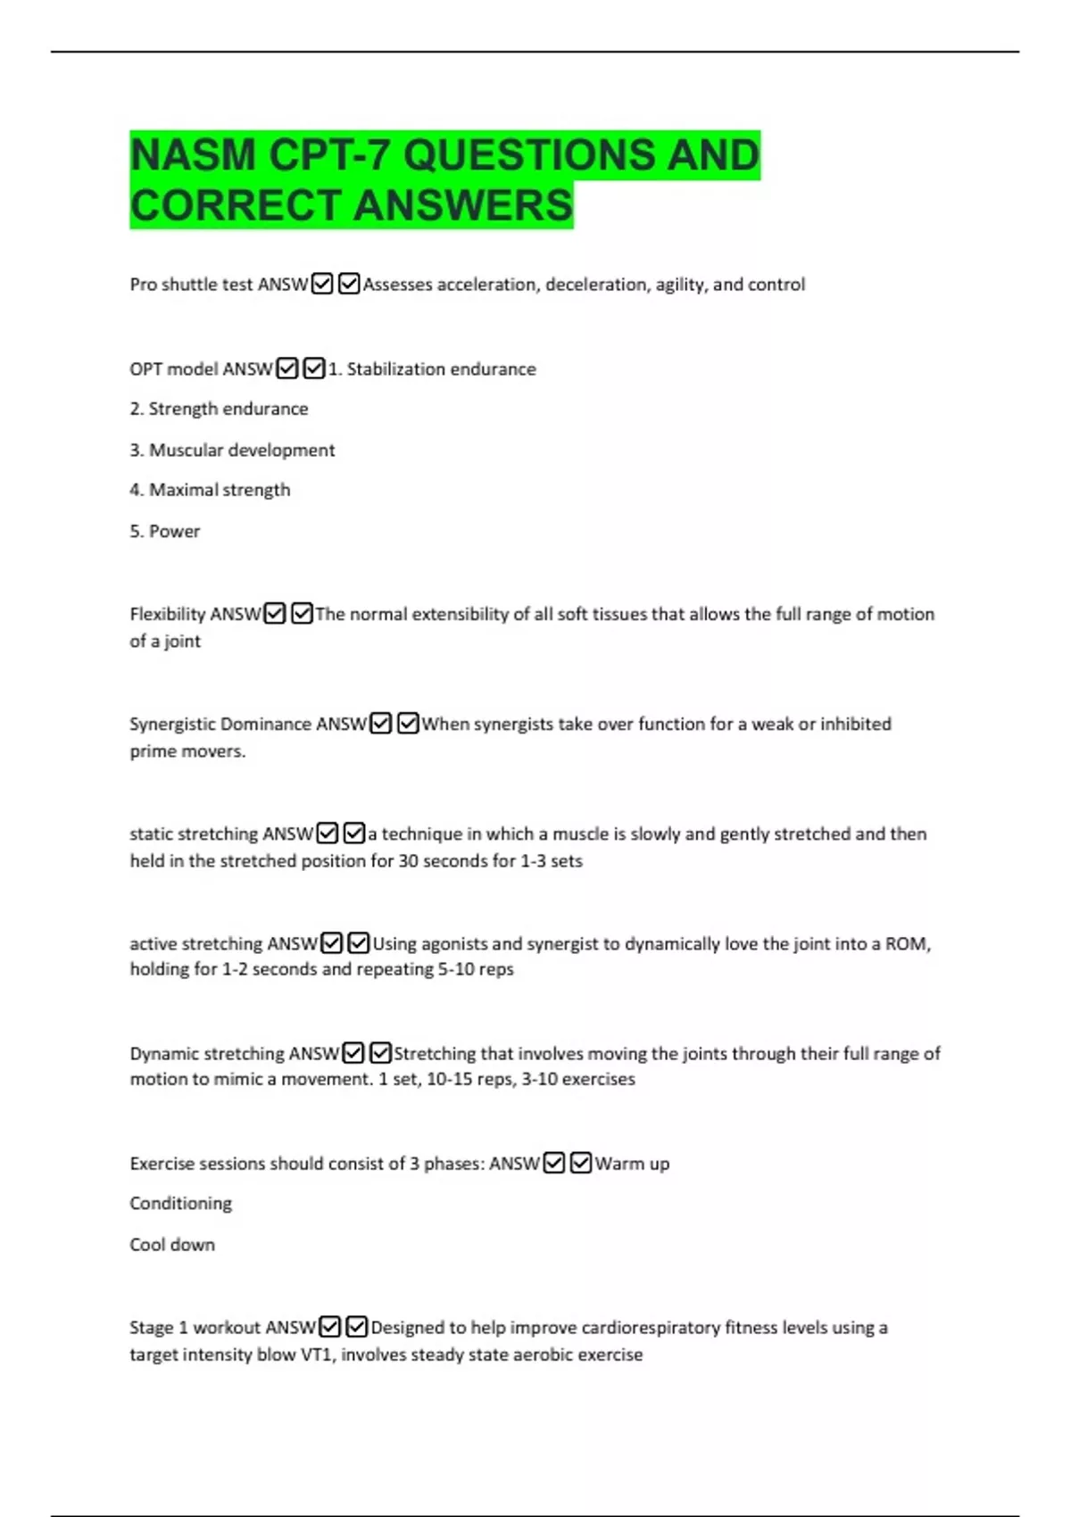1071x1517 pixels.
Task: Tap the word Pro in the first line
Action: point(143,285)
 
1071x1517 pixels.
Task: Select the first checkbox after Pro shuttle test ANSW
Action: point(322,284)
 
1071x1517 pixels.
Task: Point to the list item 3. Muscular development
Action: point(232,450)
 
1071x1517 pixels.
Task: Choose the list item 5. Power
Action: point(165,531)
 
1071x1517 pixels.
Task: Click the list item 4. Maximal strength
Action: point(210,490)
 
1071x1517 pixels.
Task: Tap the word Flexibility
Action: point(167,614)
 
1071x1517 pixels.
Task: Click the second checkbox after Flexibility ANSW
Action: point(302,614)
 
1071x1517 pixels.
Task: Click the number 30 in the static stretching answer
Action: point(408,861)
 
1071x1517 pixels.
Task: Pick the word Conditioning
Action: point(180,1204)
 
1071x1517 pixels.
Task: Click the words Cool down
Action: point(172,1245)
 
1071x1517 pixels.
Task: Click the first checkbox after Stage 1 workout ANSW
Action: point(330,1327)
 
